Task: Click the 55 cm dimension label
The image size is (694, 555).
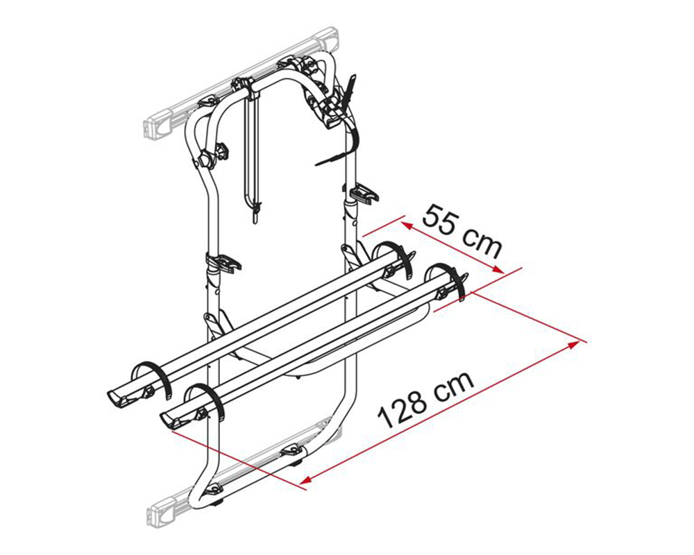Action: point(462,230)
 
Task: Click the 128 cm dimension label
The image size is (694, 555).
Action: point(426,400)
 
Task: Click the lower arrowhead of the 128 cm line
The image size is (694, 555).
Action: point(307,479)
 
